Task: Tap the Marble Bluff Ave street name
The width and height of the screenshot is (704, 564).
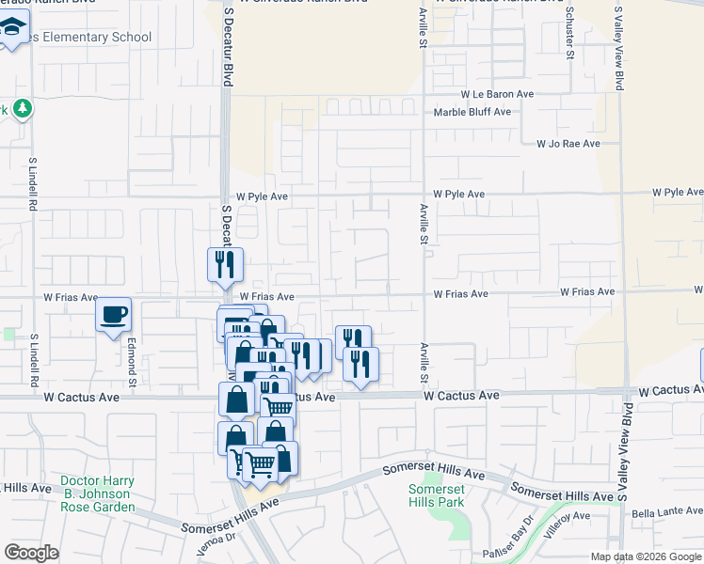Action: [x=472, y=112]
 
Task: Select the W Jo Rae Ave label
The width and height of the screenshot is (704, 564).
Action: [x=568, y=144]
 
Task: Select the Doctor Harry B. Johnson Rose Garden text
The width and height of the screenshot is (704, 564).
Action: [x=97, y=493]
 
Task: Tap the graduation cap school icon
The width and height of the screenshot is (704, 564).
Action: [x=12, y=31]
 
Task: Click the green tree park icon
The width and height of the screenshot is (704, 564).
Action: [x=22, y=109]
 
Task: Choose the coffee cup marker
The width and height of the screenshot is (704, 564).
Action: [x=114, y=314]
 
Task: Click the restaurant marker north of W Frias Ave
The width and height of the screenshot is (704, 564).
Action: [x=225, y=264]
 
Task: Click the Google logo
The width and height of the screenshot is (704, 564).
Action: [x=33, y=553]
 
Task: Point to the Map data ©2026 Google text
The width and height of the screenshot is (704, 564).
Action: [x=645, y=556]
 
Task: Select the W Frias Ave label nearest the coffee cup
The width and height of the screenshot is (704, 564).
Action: [x=71, y=297]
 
